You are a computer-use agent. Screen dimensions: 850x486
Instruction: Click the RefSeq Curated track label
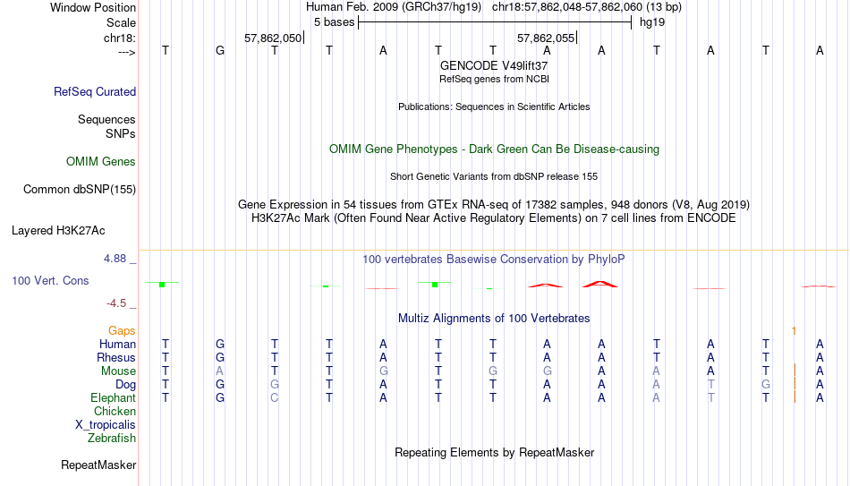point(95,91)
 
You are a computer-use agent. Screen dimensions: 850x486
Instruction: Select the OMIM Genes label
point(101,162)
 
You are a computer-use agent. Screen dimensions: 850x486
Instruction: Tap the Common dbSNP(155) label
point(80,190)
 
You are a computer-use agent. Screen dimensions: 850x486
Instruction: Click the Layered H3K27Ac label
point(58,231)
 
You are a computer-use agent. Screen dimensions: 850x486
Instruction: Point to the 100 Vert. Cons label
point(50,280)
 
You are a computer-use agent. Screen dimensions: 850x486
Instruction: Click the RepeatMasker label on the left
point(98,465)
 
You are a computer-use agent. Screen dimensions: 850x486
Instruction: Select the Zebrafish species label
point(112,438)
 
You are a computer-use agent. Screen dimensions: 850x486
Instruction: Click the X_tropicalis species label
point(106,425)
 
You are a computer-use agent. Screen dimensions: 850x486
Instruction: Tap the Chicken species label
point(115,411)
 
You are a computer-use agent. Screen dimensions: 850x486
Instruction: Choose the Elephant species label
point(114,397)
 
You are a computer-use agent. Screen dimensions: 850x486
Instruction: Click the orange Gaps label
point(122,331)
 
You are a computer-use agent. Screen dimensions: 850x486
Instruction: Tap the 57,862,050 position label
point(272,38)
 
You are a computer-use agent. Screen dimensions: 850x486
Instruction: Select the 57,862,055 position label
point(546,38)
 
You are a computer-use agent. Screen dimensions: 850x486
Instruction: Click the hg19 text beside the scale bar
point(652,22)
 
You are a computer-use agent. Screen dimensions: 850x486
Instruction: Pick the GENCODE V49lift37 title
point(494,65)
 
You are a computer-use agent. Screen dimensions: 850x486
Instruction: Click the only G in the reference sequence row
point(220,50)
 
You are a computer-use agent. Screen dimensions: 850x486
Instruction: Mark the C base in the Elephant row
point(275,397)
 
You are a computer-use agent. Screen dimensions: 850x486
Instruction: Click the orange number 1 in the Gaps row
point(794,331)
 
